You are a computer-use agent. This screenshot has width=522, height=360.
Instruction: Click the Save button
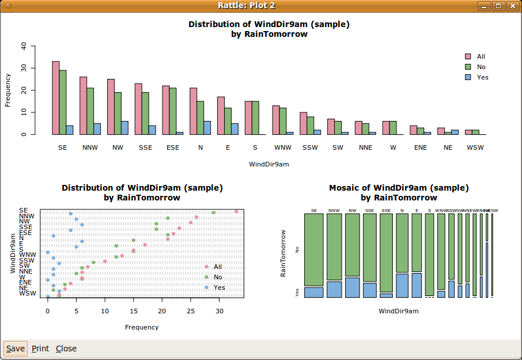16,348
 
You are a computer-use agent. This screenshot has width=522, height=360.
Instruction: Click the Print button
40,348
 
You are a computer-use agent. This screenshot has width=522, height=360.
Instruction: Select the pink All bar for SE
56,97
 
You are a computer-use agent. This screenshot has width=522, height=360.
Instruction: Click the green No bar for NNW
90,111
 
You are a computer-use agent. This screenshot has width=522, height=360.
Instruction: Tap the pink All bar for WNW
276,120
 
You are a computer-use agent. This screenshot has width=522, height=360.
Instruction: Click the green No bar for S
255,118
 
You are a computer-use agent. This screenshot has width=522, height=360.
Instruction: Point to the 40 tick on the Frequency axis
23,46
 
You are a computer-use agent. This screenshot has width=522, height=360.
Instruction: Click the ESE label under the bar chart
173,147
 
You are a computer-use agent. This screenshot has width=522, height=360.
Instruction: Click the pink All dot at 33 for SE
236,211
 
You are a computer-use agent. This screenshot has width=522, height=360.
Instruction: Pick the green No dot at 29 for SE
213,213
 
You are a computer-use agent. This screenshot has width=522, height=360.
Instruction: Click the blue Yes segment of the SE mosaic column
314,292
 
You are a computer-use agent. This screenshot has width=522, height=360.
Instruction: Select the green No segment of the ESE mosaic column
386,252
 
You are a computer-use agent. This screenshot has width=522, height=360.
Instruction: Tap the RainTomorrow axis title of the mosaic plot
283,253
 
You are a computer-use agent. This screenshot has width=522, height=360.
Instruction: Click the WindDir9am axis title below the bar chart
269,164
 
